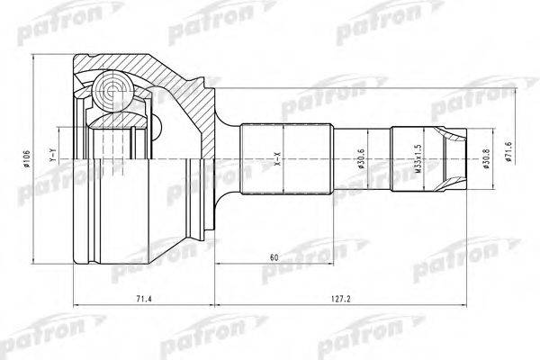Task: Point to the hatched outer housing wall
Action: (x=180, y=81)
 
